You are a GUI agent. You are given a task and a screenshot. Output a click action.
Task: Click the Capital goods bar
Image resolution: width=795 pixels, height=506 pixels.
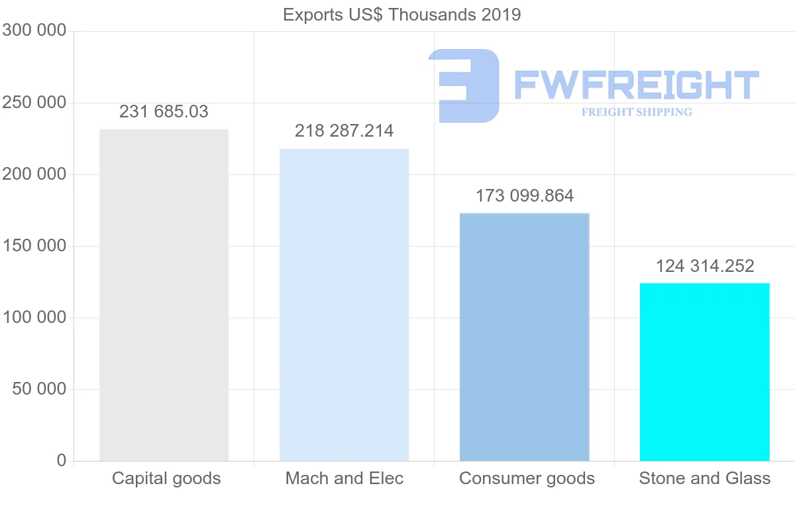pos(164,295)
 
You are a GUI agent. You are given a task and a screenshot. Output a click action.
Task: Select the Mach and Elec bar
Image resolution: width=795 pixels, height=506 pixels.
pos(344,304)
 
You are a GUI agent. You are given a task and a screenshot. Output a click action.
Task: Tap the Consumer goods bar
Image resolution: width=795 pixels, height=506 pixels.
pos(524,337)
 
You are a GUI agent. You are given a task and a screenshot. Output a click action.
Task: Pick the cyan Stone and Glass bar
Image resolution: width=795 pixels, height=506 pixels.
pos(704,371)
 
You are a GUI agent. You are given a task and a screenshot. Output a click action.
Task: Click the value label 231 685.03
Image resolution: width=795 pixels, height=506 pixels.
pos(164,111)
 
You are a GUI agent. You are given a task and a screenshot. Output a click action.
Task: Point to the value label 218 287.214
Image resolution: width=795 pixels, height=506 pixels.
pos(344,131)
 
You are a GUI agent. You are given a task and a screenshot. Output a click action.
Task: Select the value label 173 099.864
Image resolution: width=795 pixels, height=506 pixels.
pos(524,196)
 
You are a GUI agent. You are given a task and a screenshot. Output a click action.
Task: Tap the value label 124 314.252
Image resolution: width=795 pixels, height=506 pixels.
pos(704,266)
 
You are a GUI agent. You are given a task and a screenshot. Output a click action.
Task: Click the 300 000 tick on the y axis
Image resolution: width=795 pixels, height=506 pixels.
pos(34,31)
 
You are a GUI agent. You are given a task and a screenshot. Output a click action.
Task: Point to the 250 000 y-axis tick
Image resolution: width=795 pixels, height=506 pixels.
pos(34,103)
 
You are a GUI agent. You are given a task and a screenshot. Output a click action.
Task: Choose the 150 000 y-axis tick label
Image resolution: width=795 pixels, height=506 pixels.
pos(34,246)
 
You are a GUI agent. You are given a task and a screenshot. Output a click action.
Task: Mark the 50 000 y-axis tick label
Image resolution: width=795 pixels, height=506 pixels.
pos(40,389)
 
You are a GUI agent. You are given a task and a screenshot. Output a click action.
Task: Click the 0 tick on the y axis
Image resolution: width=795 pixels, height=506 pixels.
pos(62,460)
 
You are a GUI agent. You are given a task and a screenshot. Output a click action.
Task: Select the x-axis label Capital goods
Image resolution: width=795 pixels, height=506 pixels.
pos(166,478)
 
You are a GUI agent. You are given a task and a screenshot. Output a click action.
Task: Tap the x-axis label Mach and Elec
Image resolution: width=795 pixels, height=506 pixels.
pos(344,478)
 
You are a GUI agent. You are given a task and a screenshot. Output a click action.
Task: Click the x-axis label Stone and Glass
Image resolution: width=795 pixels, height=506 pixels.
pos(704,478)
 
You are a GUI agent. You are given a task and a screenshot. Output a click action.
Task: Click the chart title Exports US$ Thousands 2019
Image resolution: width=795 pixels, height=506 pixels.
pos(401,15)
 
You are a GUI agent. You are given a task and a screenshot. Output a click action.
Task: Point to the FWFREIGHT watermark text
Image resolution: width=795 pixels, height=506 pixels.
pos(636,86)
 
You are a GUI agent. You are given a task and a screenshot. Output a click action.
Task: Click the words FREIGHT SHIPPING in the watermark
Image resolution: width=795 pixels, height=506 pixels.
pos(636,112)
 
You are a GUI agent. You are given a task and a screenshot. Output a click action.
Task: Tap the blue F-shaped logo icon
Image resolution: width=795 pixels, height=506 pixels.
pos(464,86)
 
